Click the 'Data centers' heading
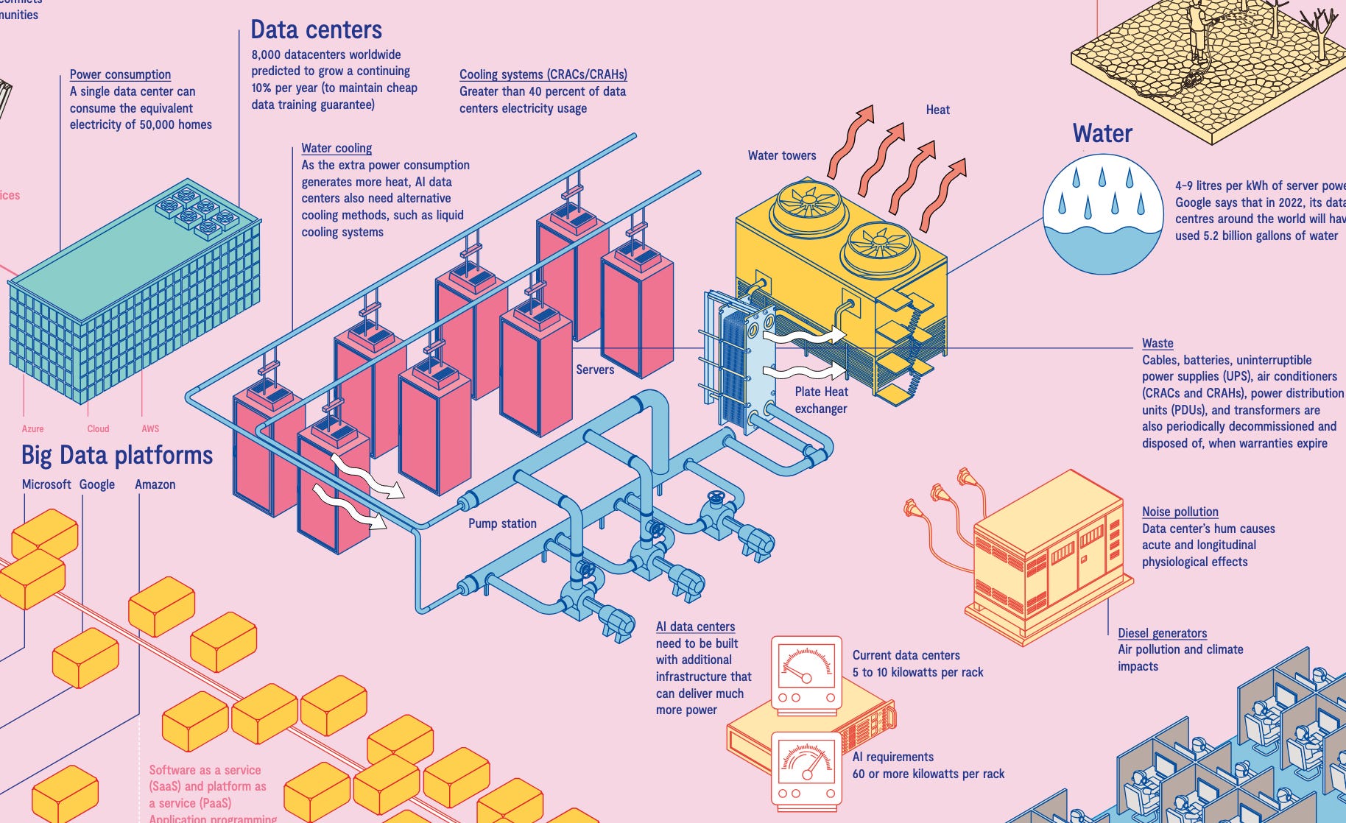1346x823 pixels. (316, 29)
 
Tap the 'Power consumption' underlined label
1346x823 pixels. (120, 74)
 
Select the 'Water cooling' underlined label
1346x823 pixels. (336, 148)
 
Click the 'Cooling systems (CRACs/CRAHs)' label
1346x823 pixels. (543, 74)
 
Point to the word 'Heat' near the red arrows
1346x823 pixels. (937, 110)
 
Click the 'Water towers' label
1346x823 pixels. (782, 155)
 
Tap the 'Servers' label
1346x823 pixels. (595, 370)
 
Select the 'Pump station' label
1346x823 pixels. (502, 523)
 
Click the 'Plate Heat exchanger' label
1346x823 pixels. (821, 400)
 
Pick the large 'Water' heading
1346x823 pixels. (1102, 133)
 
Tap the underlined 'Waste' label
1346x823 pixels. (1158, 343)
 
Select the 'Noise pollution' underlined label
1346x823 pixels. (1180, 512)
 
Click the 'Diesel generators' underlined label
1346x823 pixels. (1162, 633)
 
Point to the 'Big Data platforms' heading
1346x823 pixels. (117, 455)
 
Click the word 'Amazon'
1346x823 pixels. (155, 484)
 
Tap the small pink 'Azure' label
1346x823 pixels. (32, 428)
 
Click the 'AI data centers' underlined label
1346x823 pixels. (695, 626)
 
